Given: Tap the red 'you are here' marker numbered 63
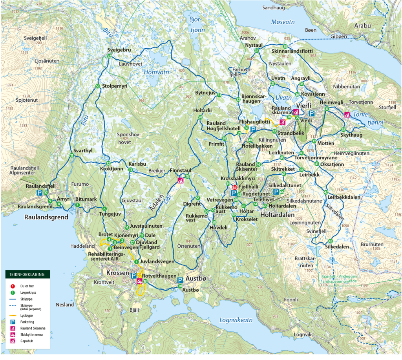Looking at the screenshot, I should (234, 188).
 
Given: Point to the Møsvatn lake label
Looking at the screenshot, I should (283, 22).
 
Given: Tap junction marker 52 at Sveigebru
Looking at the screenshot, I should (108, 57).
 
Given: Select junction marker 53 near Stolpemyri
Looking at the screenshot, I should (97, 86).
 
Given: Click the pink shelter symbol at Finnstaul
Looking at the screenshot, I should (181, 181).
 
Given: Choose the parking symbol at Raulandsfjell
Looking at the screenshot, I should (39, 193).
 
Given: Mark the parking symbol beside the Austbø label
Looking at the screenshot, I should (180, 280).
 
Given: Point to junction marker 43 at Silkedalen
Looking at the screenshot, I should (331, 241).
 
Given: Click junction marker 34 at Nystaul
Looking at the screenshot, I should (257, 51).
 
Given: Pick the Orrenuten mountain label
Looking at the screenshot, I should (186, 246).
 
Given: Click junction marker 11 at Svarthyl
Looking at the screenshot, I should (71, 155).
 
